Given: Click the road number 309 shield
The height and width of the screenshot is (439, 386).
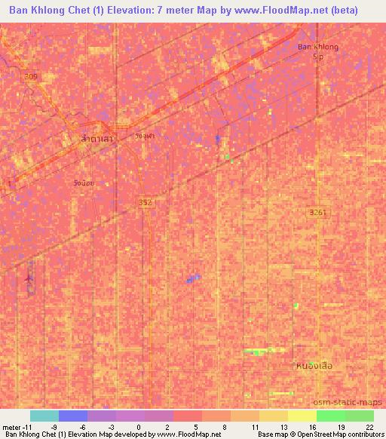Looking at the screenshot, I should pos(29,76).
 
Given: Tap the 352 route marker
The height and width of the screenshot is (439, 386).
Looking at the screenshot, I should pos(146,202).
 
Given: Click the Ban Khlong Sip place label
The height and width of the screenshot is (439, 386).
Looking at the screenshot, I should pos(317,51).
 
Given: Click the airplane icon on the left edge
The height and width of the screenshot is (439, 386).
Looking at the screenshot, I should pos(29,279).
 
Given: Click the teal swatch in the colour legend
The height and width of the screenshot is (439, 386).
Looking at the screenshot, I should pos(44,416).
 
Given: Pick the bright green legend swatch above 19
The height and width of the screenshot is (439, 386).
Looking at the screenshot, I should pos(330,416).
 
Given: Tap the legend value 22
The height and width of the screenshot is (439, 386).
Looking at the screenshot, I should pos(369,426).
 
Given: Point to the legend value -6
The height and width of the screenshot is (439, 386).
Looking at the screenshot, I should pos(83,426).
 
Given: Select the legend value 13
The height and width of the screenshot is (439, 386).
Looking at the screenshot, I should pos(283,426).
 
